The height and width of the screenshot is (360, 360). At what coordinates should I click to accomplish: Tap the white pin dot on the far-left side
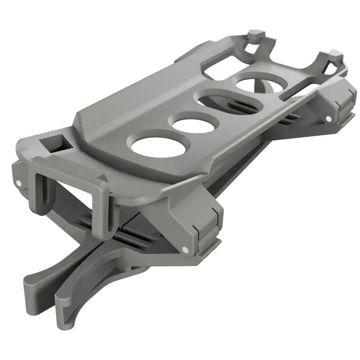[x=18, y=183]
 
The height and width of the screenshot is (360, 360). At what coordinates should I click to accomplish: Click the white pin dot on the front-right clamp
[x=185, y=250]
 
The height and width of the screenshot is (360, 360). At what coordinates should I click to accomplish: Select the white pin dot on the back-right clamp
[x=327, y=118]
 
